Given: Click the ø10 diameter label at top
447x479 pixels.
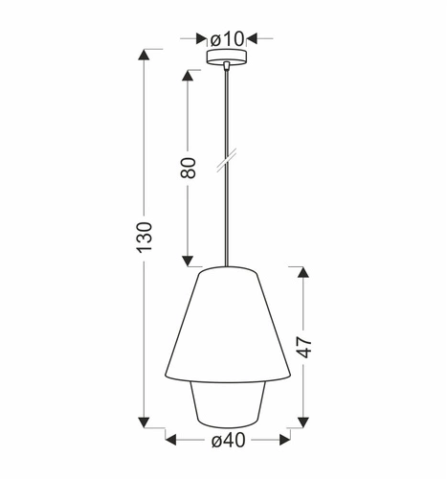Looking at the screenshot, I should (x=229, y=38).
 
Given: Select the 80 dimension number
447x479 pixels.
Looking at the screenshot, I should (x=188, y=168).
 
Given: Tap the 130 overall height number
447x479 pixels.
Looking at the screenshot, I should (x=144, y=236).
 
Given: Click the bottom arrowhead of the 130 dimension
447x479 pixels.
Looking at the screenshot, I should (x=144, y=420).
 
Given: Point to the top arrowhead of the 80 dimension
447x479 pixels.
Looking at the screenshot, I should (x=189, y=75).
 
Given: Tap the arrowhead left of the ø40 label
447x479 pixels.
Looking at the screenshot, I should (x=171, y=441).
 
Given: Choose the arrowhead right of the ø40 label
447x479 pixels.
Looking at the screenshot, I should (x=284, y=441).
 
